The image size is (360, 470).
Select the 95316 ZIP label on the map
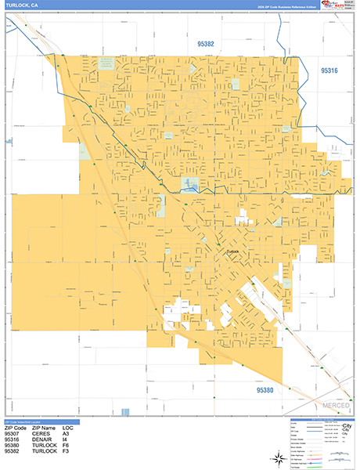[x=329, y=71]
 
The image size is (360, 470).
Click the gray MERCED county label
[x=336, y=406]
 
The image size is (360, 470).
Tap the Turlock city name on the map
[x=232, y=251]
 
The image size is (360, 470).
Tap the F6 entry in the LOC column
[x=67, y=446]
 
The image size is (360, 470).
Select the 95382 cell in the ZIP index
[x=13, y=452]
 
